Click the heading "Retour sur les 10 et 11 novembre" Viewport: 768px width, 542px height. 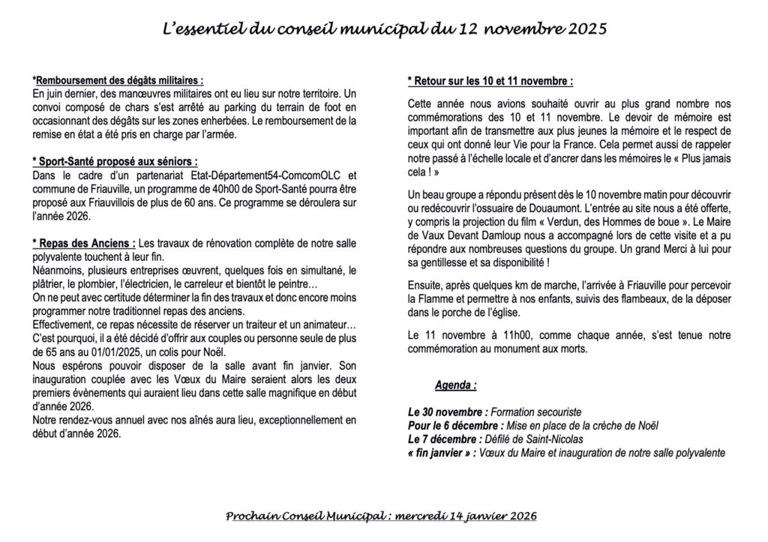490,81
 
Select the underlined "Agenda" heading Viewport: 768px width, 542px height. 455,386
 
